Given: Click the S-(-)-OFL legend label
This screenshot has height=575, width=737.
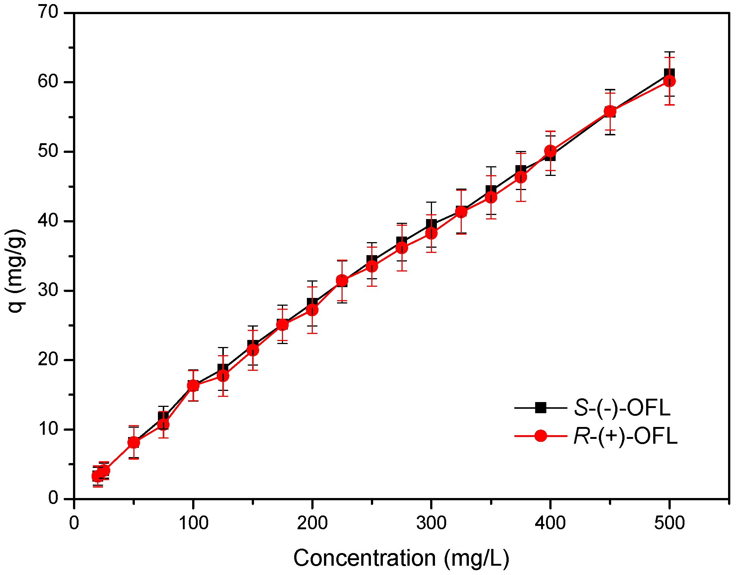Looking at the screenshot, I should [622, 408].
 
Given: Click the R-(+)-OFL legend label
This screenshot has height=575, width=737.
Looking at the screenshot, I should [625, 436].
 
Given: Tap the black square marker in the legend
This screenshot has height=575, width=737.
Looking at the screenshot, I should [540, 408].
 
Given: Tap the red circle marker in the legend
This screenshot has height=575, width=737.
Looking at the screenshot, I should [540, 436].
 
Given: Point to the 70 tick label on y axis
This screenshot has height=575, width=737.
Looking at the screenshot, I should [48, 13].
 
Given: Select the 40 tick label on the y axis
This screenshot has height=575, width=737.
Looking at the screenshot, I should [48, 221].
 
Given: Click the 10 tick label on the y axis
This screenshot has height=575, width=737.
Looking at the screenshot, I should [48, 429].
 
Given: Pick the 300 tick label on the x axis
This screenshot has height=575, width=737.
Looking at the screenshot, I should [431, 523].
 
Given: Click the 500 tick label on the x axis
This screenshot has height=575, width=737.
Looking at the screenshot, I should [669, 523].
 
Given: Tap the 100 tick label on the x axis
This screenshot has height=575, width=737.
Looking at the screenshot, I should [193, 523].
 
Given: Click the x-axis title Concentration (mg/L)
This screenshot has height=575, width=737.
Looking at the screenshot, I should [401, 558].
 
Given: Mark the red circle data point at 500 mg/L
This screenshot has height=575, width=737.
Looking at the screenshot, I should [669, 81].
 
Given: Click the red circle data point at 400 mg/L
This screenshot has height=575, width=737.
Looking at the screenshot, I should [550, 151].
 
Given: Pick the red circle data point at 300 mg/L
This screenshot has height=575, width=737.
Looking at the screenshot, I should [431, 233].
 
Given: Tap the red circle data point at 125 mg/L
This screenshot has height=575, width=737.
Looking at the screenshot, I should [223, 376].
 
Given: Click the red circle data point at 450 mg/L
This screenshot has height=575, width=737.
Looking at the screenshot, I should [610, 111].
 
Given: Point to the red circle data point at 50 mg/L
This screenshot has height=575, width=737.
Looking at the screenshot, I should [134, 442].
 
